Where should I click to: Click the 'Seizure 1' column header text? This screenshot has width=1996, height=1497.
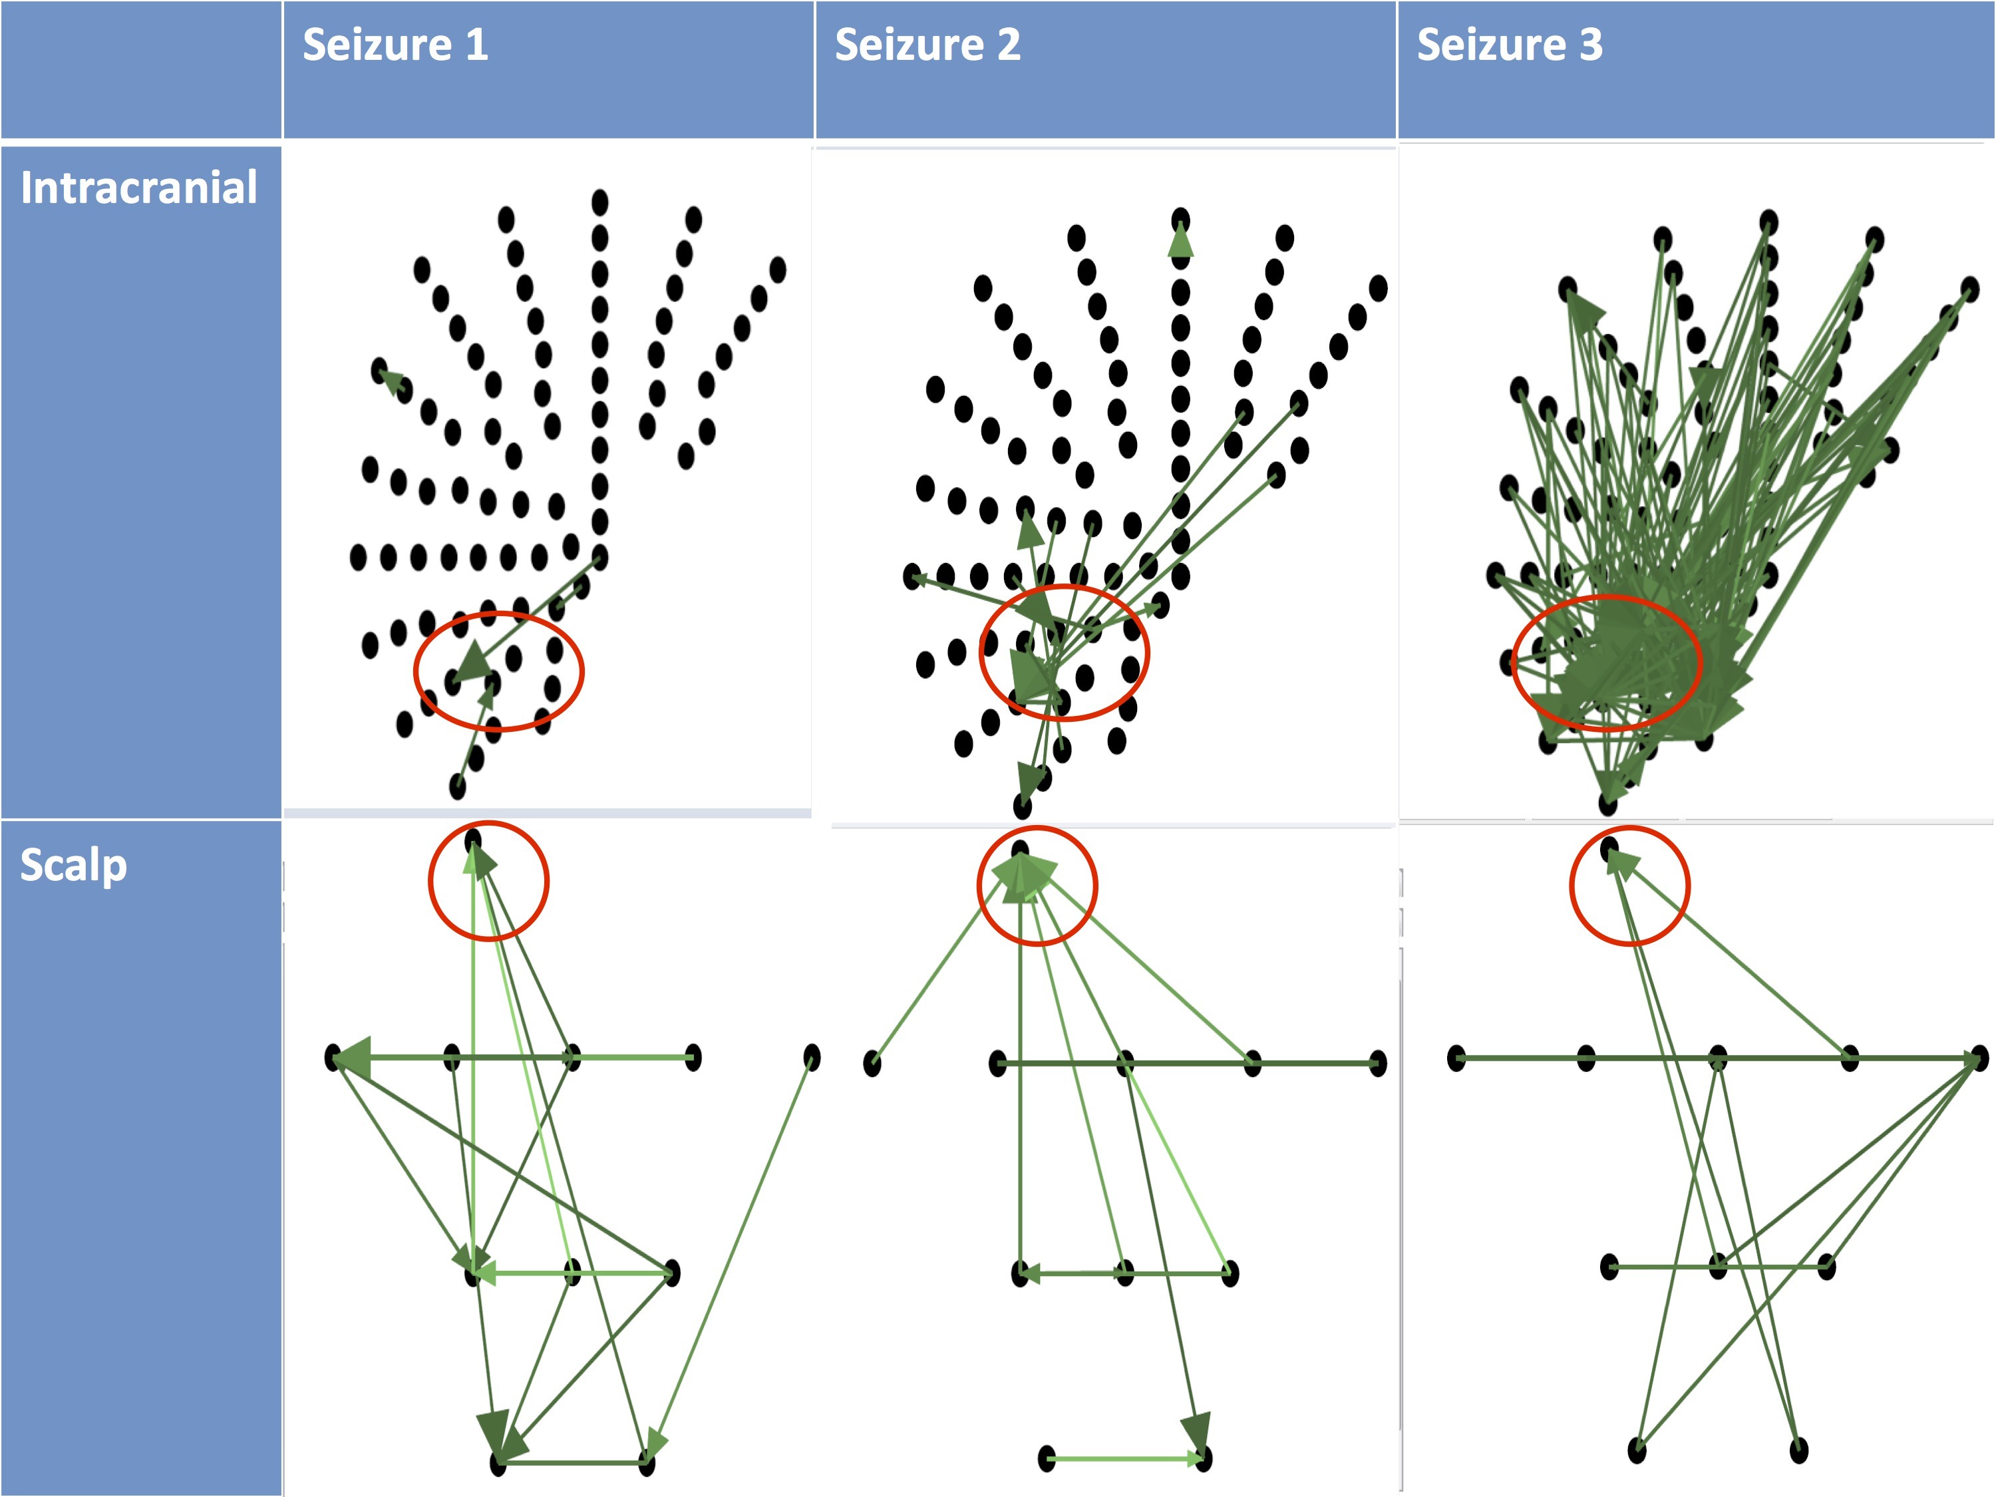pyautogui.click(x=395, y=45)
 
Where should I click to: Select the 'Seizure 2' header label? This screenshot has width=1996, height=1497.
pyautogui.click(x=927, y=45)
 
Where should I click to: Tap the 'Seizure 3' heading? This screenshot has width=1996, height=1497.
pyautogui.click(x=1510, y=45)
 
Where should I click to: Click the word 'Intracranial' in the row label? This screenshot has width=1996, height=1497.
pyautogui.click(x=139, y=188)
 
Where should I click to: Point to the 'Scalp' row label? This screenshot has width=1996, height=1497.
pyautogui.click(x=74, y=864)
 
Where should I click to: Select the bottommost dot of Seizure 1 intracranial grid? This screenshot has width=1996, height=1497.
pyautogui.click(x=458, y=787)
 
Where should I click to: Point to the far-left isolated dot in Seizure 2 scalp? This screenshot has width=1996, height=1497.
pyautogui.click(x=872, y=1063)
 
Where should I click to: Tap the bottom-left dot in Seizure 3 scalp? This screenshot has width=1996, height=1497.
pyautogui.click(x=1637, y=1450)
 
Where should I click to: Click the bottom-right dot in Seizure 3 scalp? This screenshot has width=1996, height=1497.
pyautogui.click(x=1798, y=1450)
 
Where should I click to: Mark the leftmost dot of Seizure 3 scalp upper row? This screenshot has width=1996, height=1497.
pyautogui.click(x=1456, y=1058)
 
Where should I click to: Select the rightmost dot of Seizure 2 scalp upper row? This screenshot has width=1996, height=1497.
pyautogui.click(x=1377, y=1063)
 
